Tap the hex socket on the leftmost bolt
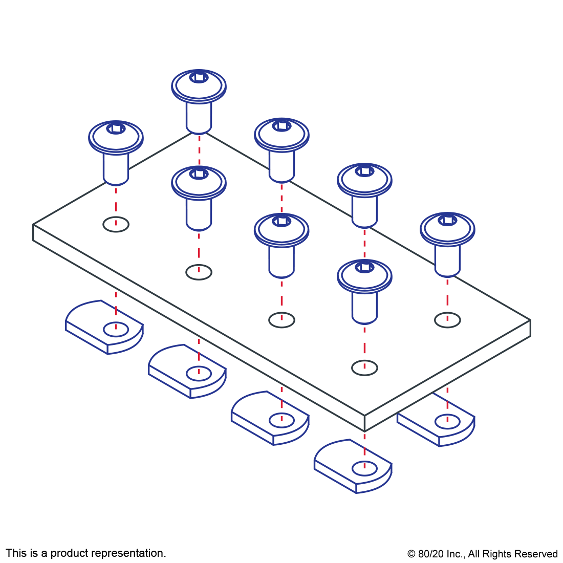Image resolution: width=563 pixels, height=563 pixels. point(116,128)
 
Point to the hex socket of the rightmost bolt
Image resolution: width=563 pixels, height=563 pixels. point(447,220)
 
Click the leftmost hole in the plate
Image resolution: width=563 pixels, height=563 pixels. point(116,224)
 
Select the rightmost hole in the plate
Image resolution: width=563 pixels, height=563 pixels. point(447,320)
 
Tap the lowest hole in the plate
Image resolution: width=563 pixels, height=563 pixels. point(364,367)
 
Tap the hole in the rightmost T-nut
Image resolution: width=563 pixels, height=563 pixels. point(447,421)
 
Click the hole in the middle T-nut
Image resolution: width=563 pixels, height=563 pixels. point(281,421)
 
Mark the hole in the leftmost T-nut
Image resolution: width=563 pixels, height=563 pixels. point(116,329)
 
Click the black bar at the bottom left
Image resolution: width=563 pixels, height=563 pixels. point(85,554)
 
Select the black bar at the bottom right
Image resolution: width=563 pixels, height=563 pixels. point(482,555)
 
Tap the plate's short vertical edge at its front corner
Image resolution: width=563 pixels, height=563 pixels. point(364,423)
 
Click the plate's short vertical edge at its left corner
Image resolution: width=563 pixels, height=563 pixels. point(33,232)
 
